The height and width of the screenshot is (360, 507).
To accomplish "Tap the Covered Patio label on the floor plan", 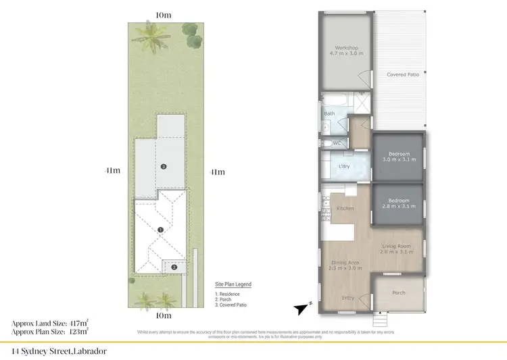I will click(403, 74).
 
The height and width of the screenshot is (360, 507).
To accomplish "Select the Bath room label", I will click(329, 113).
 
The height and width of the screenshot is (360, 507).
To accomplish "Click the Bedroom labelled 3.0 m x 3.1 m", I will click(398, 154).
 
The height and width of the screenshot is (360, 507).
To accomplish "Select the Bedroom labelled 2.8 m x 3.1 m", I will click(398, 201).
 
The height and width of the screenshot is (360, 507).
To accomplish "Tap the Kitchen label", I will click(345, 209).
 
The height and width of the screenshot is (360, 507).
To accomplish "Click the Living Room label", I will click(397, 246).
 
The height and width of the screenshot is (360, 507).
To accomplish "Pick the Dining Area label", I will click(345, 262).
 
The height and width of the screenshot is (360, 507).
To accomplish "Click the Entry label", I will click(348, 297).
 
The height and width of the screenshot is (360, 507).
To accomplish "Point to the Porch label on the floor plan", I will click(399, 292).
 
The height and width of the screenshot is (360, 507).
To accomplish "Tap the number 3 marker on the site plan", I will click(163, 165).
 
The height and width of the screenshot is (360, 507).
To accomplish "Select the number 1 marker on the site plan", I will click(160, 230).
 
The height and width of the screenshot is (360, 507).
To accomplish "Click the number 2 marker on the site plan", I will click(174, 267).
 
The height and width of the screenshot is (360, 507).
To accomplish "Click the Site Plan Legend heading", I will click(233, 284).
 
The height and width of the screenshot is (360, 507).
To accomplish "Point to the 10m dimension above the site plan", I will click(163, 14).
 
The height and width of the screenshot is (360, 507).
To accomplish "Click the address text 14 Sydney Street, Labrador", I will click(59, 351).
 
